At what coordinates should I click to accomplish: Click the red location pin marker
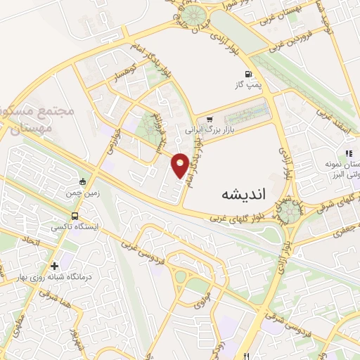click(180, 165)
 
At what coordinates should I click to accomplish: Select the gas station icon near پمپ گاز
click(247, 74)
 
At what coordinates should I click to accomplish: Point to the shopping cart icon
click(210, 120)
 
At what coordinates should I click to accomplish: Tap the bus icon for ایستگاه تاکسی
click(75, 217)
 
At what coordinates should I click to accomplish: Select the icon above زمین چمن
click(83, 183)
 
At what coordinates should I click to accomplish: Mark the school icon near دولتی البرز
click(347, 153)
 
